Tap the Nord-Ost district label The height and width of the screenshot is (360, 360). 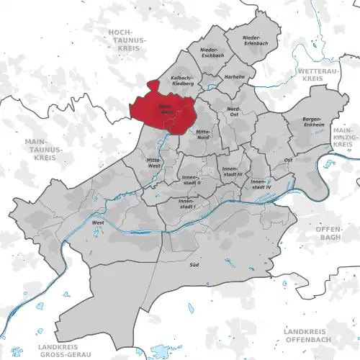[233, 112]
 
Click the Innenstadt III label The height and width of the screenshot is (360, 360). [231, 171]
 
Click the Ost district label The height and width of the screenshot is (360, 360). [288, 160]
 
